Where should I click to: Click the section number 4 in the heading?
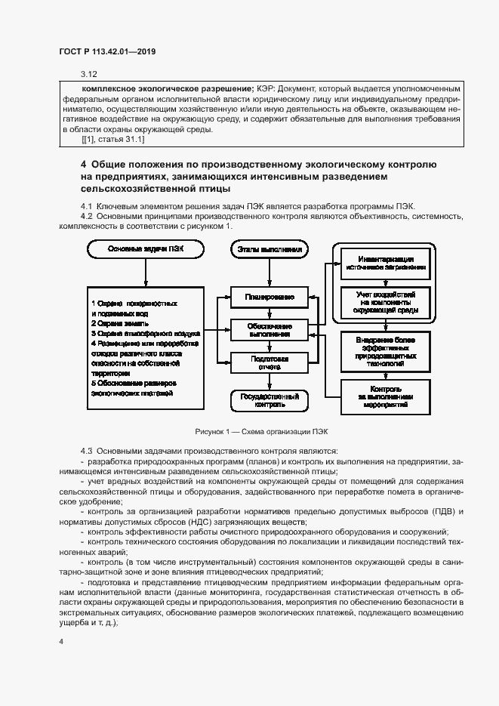click(84, 164)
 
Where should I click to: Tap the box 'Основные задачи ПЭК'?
click(145, 248)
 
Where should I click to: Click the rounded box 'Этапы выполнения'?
click(269, 248)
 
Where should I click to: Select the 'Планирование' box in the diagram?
click(268, 298)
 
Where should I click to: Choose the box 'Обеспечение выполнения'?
click(268, 330)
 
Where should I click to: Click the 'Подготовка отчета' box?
click(268, 362)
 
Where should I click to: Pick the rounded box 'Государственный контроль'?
click(269, 399)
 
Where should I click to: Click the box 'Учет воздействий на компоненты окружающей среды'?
click(385, 302)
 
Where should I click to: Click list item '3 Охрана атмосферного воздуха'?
click(145, 332)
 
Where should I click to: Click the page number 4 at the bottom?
click(61, 641)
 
